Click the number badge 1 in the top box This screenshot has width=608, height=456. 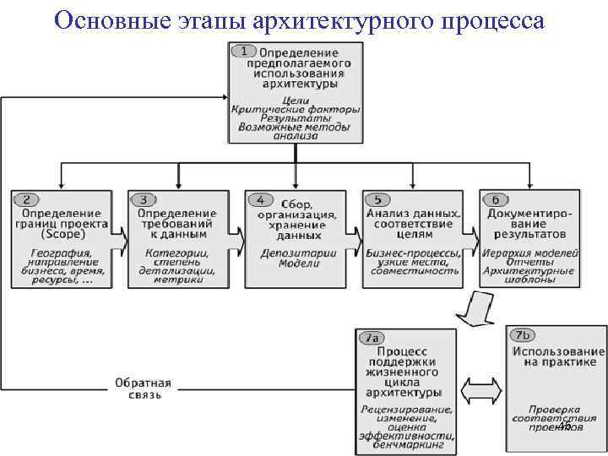[245, 51]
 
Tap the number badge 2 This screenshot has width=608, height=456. [27, 200]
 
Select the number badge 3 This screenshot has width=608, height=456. [144, 200]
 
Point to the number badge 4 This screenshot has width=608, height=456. [261, 200]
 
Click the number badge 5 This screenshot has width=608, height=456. [377, 200]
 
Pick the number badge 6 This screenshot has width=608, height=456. [495, 200]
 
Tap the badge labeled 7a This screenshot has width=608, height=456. [372, 338]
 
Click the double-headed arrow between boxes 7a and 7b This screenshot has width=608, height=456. [484, 392]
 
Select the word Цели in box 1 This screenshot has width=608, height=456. [295, 99]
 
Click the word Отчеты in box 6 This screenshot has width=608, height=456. [529, 262]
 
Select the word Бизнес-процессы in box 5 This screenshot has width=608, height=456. [413, 253]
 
